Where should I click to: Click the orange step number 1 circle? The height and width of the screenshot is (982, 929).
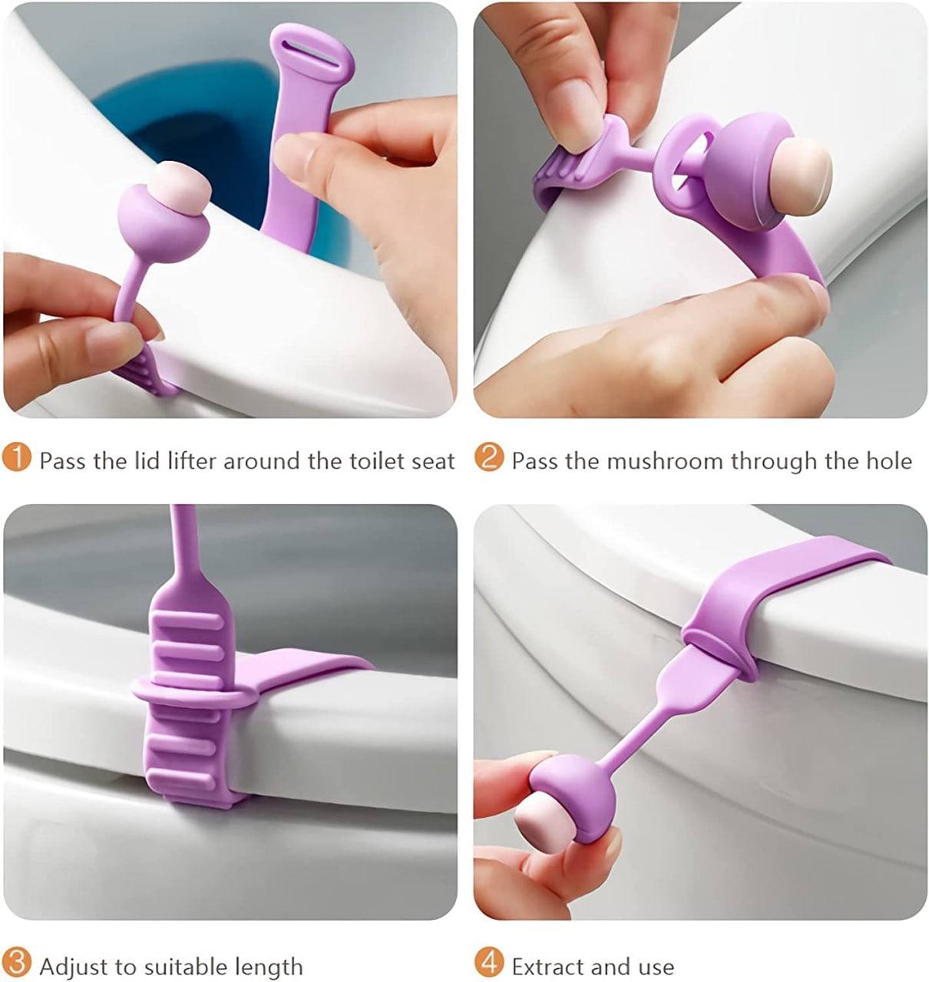click(17, 459)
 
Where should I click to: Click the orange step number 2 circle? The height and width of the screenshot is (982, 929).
click(488, 459)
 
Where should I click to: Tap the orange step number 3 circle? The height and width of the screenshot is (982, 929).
click(17, 964)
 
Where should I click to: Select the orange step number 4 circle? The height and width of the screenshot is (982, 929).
click(488, 964)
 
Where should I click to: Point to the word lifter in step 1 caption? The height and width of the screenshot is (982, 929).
click(193, 461)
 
